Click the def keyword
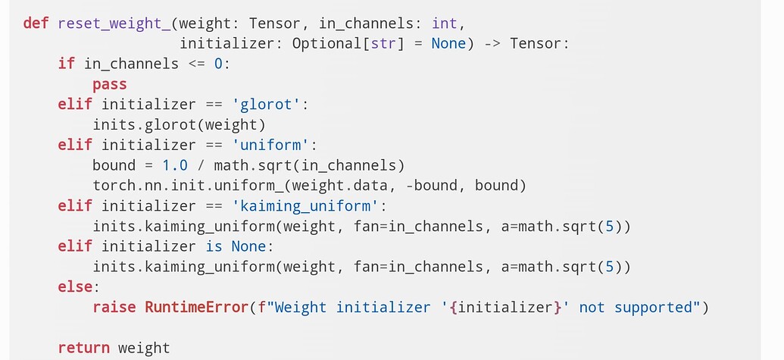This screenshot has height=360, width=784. click(x=36, y=23)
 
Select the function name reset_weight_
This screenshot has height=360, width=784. click(x=110, y=23)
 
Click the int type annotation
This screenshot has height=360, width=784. click(x=445, y=23)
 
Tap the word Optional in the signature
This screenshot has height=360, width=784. click(x=327, y=43)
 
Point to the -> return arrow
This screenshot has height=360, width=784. click(x=492, y=43)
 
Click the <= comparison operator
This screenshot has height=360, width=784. click(x=196, y=64)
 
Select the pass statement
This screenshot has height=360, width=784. click(x=110, y=84)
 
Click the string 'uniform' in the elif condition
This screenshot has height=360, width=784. click(x=270, y=145)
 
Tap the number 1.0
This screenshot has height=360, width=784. click(x=175, y=165)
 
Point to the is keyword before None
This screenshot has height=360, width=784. click(x=214, y=246)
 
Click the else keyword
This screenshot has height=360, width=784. click(x=75, y=287)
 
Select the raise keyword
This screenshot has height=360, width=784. click(x=114, y=308)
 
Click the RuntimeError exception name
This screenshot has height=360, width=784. click(x=196, y=308)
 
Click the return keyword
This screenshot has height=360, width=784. click(x=84, y=348)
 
